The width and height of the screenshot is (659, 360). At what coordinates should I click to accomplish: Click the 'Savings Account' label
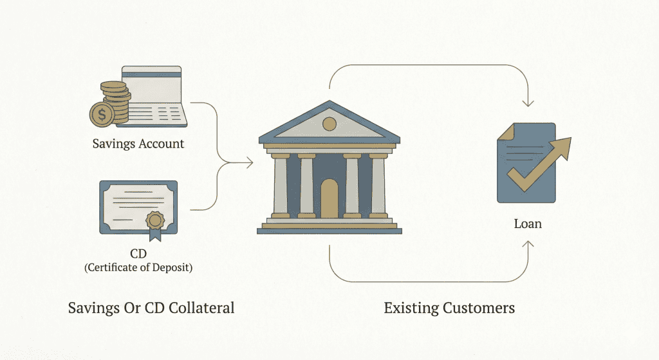coord(138,144)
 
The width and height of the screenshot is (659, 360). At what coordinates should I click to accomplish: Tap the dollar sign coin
coord(102,115)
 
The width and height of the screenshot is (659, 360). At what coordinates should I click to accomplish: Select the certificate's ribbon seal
coord(155,220)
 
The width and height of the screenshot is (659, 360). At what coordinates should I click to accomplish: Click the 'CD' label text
coord(138,254)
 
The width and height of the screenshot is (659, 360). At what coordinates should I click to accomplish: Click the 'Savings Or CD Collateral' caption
coord(151,308)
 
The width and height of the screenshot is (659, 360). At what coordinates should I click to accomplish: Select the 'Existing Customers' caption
coord(449,308)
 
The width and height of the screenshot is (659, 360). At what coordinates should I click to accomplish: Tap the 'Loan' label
coord(528,224)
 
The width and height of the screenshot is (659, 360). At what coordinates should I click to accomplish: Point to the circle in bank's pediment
coord(329,124)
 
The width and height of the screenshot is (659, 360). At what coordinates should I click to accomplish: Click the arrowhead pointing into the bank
coord(250,164)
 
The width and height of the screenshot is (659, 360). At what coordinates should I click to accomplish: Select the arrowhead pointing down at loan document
coord(528,103)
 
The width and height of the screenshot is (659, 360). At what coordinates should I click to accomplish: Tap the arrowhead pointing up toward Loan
coord(528,244)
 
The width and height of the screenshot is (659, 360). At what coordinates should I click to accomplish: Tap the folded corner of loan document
coord(504,129)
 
